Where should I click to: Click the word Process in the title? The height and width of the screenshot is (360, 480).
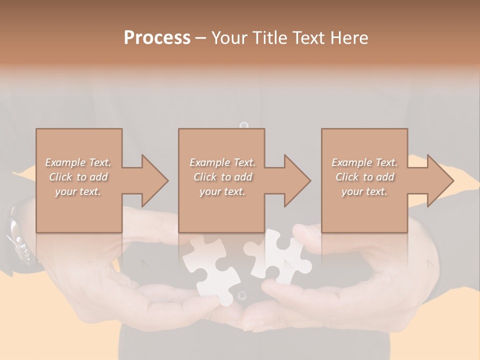click(157, 38)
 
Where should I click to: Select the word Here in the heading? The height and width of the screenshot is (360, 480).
click(350, 38)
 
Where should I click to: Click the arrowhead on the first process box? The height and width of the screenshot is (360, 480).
click(150, 180)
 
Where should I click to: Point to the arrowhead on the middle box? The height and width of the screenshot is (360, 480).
click(292, 180)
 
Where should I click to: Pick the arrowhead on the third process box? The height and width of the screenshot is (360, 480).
click(435, 180)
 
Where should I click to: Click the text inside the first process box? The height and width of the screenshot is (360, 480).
click(78, 177)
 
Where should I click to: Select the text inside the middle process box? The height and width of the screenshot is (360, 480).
click(222, 177)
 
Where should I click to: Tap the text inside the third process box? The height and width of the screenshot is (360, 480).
click(364, 177)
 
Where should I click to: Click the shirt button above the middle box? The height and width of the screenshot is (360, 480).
click(244, 125)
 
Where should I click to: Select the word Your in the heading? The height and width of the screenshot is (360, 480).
click(228, 38)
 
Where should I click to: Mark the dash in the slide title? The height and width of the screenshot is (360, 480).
click(201, 38)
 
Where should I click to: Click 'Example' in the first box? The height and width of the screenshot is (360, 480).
click(65, 162)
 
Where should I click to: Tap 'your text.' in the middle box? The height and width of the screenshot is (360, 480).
click(222, 191)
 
